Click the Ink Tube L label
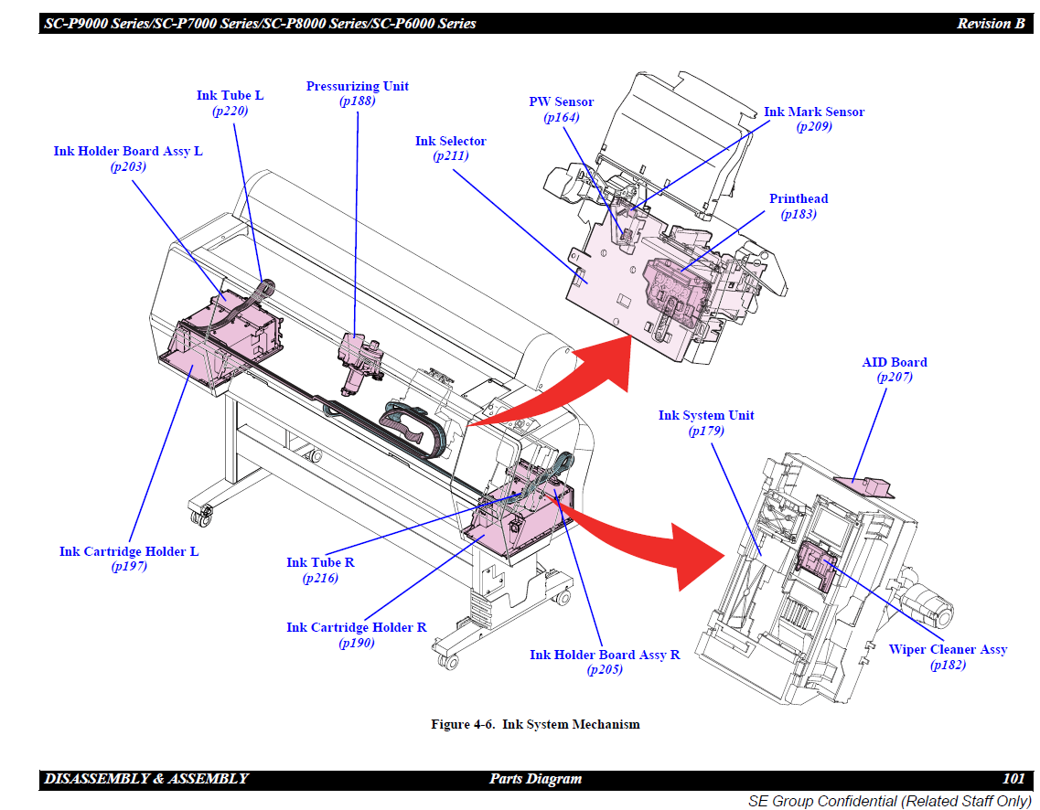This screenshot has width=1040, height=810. pos(230,95)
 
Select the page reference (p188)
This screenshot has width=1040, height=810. pos(357,101)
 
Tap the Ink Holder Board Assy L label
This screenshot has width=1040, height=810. pos(128,151)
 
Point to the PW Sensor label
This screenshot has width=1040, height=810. pos(561,101)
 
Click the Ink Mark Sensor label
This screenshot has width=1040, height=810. pos(813,112)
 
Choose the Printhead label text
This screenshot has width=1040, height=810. pos(799,198)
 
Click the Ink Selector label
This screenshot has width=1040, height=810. pos(450,141)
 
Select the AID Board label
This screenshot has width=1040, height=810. pos(894,362)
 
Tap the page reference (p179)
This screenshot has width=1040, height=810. pos(706,431)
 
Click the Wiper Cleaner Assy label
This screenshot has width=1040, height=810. pos(948,649)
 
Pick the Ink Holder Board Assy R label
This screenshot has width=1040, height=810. pos(605,655)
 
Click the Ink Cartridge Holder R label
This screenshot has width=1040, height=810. pos(356,627)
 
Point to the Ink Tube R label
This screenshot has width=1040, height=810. pos(320,562)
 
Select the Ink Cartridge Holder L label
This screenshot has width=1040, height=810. pos(129,551)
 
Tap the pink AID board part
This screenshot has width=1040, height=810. pos(867,483)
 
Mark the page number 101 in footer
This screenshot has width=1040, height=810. pos(1013,779)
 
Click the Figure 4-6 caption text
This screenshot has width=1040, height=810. pos(535,724)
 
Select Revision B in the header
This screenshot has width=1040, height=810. pos(991,24)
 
